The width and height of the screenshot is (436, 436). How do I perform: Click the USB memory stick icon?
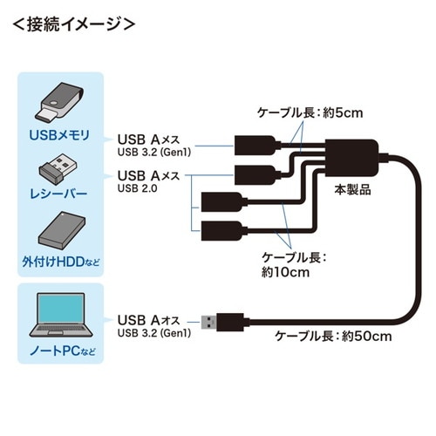(x=60, y=101)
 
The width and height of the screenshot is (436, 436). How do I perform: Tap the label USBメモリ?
(x=60, y=134)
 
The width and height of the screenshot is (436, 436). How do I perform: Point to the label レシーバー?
(x=59, y=193)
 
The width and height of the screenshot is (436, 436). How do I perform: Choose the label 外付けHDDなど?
(x=59, y=259)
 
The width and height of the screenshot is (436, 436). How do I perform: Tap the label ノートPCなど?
(x=59, y=351)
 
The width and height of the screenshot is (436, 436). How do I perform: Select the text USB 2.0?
(x=138, y=187)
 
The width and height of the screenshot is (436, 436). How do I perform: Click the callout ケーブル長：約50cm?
(x=330, y=335)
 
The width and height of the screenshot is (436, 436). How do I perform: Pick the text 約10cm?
(x=285, y=271)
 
